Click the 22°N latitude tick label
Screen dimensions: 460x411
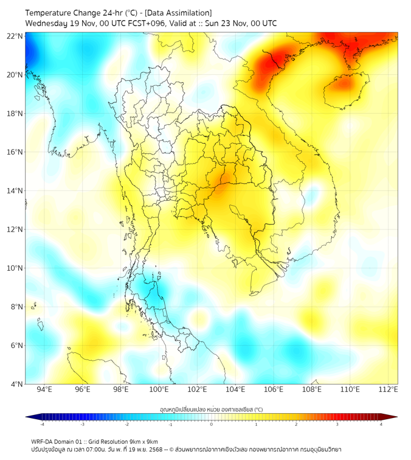click(15, 36)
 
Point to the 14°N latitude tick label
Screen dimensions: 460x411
click(15, 190)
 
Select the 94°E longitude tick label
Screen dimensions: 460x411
click(44, 389)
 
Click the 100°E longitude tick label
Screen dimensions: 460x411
click(159, 389)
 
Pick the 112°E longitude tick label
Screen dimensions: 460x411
click(389, 389)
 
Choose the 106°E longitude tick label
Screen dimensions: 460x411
click(274, 389)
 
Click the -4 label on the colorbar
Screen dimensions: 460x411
click(42, 424)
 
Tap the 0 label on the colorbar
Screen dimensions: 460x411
click(212, 424)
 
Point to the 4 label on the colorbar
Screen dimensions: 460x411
click(381, 424)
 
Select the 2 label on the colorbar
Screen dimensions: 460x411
click(297, 424)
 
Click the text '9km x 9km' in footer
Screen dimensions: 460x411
click(142, 441)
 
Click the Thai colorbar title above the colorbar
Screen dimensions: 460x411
click(211, 409)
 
